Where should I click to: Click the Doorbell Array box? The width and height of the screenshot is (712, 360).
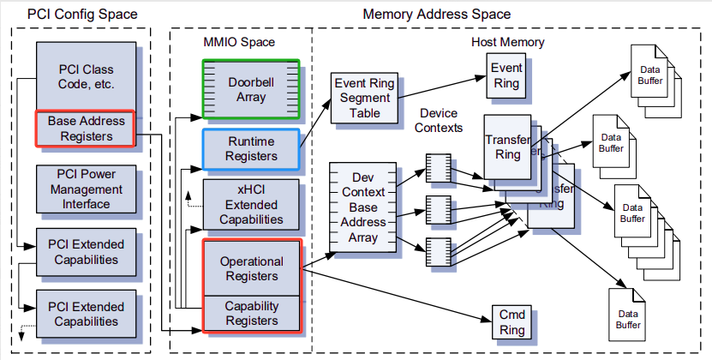[x=251, y=88]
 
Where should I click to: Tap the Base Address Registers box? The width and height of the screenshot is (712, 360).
[x=85, y=128]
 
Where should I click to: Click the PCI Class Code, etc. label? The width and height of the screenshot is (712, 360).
[x=85, y=76]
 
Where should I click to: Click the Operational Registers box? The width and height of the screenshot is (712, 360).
[x=251, y=268]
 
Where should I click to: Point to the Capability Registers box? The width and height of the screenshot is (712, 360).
[x=251, y=313]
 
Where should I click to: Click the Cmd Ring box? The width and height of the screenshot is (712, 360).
[x=510, y=321]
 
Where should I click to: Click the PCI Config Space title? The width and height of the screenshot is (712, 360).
[x=81, y=14]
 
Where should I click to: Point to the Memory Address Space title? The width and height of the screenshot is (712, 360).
[x=436, y=14]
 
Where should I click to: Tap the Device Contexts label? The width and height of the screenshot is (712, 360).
[x=438, y=120]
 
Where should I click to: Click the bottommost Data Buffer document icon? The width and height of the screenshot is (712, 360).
[x=625, y=317]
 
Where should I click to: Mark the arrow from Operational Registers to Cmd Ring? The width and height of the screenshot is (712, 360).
[x=394, y=294]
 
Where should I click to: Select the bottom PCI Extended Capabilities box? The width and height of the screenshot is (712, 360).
[x=85, y=314]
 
